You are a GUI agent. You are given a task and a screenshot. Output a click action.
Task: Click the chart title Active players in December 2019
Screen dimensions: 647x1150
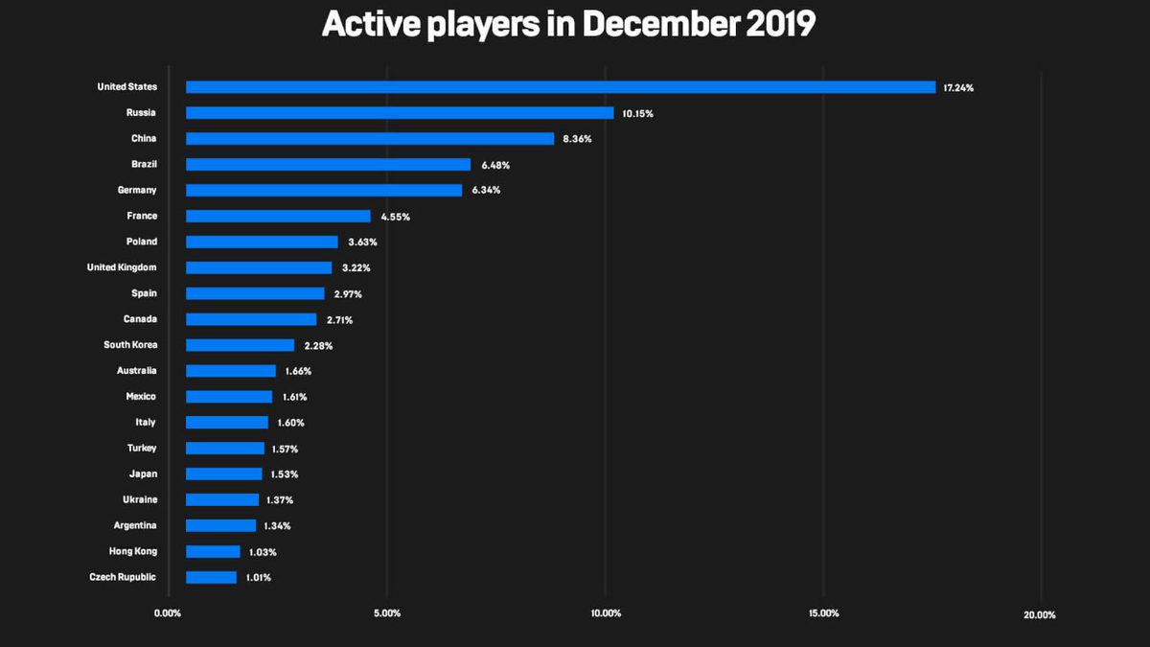pos(568,25)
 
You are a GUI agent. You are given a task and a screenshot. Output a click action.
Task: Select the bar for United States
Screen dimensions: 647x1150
pos(561,87)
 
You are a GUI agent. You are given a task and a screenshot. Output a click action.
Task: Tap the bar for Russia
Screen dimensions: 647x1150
pos(400,113)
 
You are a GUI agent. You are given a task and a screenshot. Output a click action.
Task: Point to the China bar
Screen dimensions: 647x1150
pos(370,139)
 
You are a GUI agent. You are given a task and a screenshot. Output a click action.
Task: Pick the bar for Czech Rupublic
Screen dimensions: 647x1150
pos(211,577)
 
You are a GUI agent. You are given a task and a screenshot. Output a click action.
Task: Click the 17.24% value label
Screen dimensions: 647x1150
pos(958,88)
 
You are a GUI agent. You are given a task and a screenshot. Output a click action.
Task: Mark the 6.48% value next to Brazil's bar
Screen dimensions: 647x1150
pos(496,165)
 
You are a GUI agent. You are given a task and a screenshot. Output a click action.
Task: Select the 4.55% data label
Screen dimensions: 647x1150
pos(395,217)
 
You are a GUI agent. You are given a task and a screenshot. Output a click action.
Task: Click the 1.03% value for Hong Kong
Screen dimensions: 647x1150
pos(263,552)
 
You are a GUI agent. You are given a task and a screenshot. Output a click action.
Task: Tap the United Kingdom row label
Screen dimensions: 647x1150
pos(122,267)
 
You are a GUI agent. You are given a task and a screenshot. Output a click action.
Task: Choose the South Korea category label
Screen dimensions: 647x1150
pos(130,344)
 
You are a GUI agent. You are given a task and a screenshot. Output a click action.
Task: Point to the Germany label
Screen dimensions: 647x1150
pos(137,190)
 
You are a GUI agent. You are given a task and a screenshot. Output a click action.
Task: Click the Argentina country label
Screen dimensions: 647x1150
pos(134,525)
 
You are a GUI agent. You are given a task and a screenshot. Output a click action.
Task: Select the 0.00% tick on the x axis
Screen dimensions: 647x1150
pos(168,613)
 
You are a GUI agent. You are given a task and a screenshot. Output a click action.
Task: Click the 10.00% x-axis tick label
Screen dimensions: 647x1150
pos(606,613)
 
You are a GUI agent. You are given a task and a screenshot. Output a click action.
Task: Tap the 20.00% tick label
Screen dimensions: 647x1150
pos(1040,614)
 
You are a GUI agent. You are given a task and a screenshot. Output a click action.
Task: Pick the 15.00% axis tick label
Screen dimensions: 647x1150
pos(824,613)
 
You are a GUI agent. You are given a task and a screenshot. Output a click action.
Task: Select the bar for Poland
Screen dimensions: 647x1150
pos(262,242)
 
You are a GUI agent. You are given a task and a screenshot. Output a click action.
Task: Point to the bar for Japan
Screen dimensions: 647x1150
pos(223,474)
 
